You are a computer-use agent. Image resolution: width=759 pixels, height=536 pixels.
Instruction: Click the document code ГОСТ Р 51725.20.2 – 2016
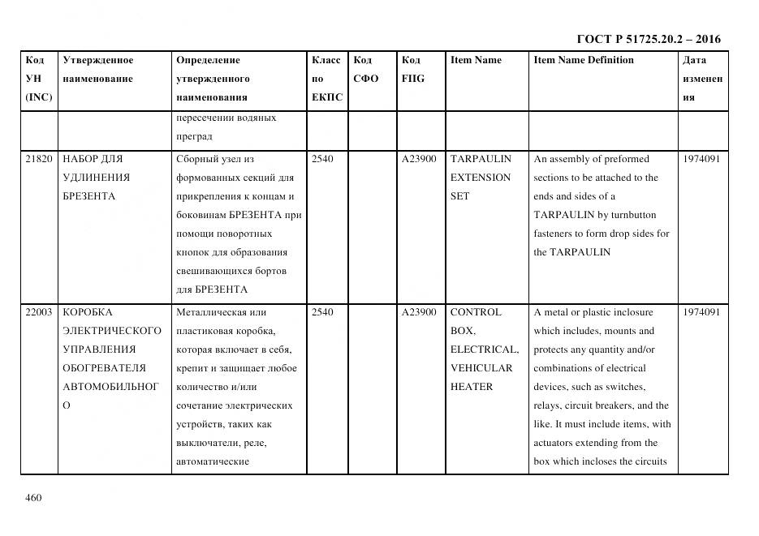(x=648, y=39)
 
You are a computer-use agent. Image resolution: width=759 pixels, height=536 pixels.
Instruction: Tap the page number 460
(x=33, y=497)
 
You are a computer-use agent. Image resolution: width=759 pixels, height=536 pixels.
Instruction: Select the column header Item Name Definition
(x=583, y=60)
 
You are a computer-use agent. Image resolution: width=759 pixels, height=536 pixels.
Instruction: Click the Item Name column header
(x=476, y=60)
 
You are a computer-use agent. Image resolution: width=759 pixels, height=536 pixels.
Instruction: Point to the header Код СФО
(x=366, y=70)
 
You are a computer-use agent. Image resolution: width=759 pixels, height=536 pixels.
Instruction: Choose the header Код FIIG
(x=412, y=70)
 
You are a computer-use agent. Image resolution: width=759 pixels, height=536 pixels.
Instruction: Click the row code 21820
(x=39, y=159)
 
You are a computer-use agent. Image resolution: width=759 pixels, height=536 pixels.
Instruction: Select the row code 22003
(x=39, y=312)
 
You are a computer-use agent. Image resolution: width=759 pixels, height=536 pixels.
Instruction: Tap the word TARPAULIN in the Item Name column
(x=481, y=159)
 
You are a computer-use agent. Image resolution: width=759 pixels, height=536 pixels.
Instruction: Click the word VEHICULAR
(x=481, y=368)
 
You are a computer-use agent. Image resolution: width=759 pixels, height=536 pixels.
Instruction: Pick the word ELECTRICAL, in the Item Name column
(x=485, y=349)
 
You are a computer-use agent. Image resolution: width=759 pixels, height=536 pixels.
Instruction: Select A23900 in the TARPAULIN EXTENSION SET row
(x=419, y=159)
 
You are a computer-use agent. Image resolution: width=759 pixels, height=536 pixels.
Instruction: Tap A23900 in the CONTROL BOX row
(x=419, y=312)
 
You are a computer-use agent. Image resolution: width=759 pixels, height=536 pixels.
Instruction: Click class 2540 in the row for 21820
(x=322, y=159)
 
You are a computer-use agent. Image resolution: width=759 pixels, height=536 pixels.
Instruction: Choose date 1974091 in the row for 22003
(x=701, y=312)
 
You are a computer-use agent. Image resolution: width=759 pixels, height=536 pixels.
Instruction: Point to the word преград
(x=194, y=136)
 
